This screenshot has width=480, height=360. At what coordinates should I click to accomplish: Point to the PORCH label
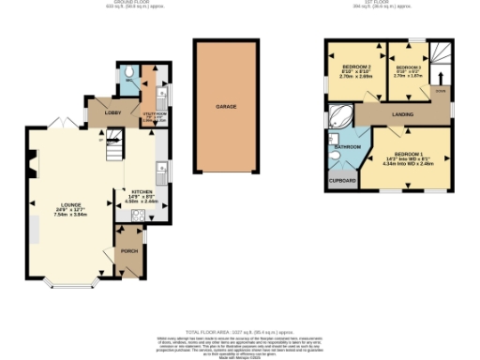(128, 252)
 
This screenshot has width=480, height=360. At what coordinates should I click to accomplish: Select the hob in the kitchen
(138, 214)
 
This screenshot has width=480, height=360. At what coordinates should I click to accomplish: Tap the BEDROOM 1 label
(409, 154)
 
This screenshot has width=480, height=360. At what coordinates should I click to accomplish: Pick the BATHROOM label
(349, 147)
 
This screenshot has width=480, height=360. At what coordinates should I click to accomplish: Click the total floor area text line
(240, 333)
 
